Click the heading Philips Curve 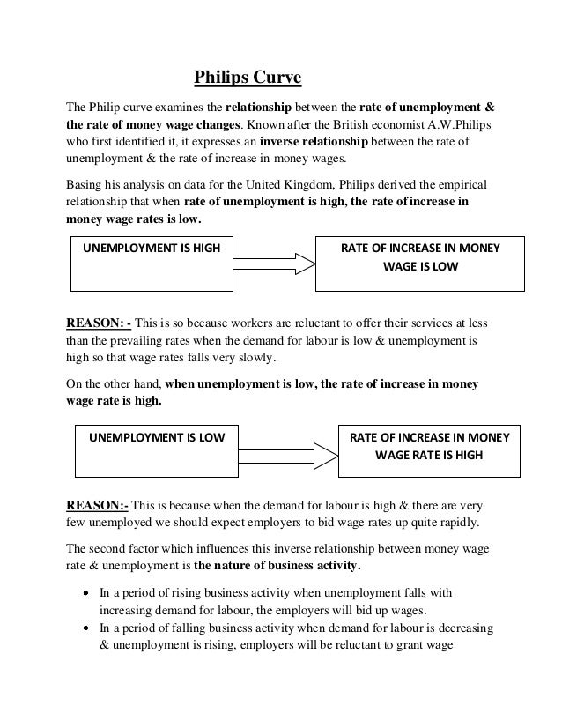coord(248,80)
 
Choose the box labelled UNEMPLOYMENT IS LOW coord(155,450)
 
